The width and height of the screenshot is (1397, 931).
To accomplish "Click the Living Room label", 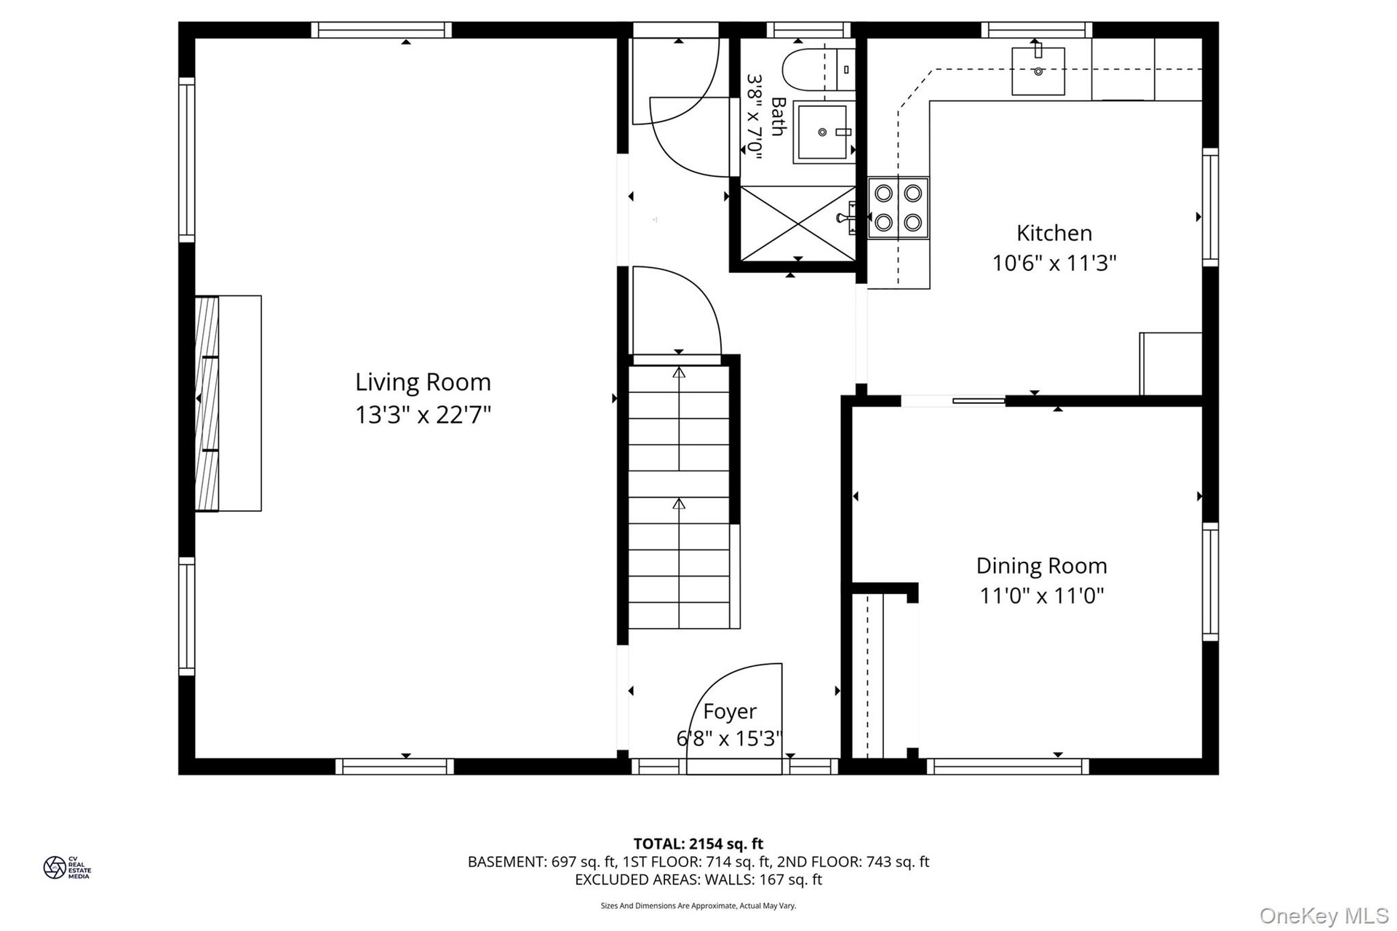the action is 423,382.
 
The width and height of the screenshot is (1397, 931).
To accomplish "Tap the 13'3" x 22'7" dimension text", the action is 423,415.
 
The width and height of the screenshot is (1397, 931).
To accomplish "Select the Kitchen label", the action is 1054,233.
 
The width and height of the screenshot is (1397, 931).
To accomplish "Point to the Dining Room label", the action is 1042,566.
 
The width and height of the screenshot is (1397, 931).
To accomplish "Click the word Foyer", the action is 730,711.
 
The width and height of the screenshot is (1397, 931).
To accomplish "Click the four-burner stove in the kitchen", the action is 899,207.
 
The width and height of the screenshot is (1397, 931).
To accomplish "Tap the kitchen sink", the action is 1038,71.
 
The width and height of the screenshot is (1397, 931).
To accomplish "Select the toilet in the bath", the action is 819,70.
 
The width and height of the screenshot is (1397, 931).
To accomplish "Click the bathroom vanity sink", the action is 823,132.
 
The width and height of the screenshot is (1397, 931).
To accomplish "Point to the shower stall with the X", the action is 797,222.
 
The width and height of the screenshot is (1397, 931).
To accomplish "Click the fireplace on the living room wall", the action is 228,403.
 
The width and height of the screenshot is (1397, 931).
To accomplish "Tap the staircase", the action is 679,497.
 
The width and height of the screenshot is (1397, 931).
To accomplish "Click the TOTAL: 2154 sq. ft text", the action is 698,844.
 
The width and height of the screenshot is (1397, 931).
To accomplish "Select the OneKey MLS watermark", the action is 1324,915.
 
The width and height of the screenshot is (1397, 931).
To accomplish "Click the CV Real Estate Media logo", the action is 67,868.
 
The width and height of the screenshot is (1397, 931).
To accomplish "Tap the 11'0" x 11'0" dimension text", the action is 1042,596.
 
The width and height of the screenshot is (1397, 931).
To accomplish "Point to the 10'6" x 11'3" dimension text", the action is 1054,263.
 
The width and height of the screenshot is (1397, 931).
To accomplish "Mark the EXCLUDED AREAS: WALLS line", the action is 698,879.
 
